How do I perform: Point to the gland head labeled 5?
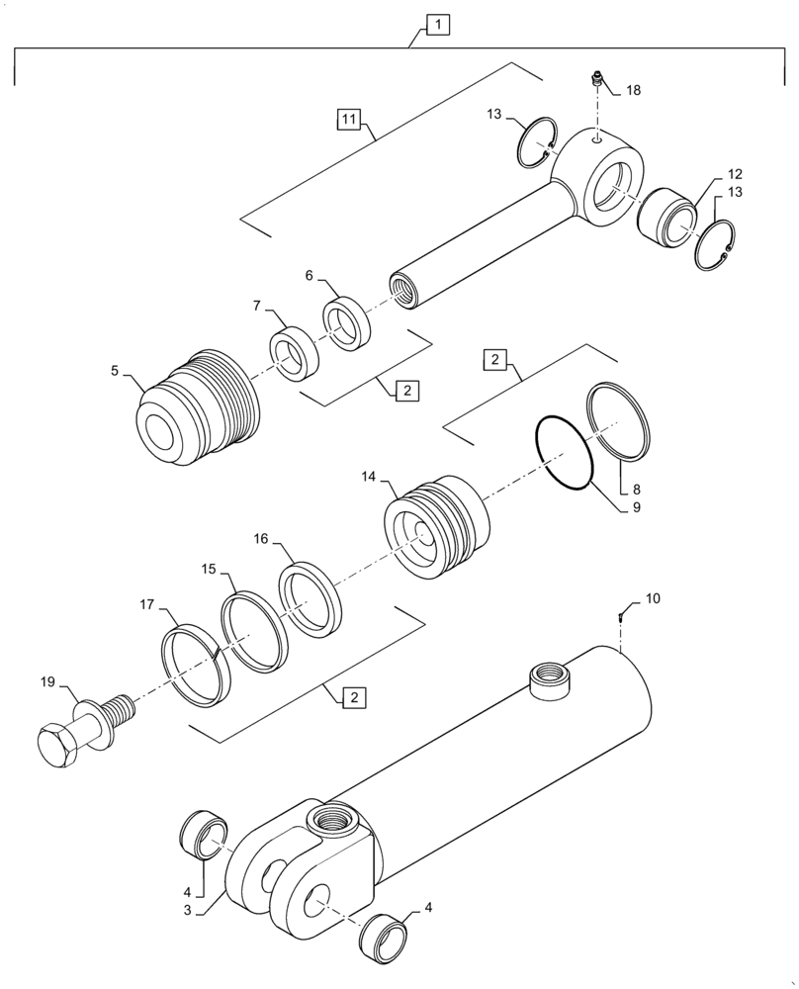tap(199, 408)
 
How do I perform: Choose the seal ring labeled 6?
tap(347, 322)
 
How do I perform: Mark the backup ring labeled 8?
tap(619, 419)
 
